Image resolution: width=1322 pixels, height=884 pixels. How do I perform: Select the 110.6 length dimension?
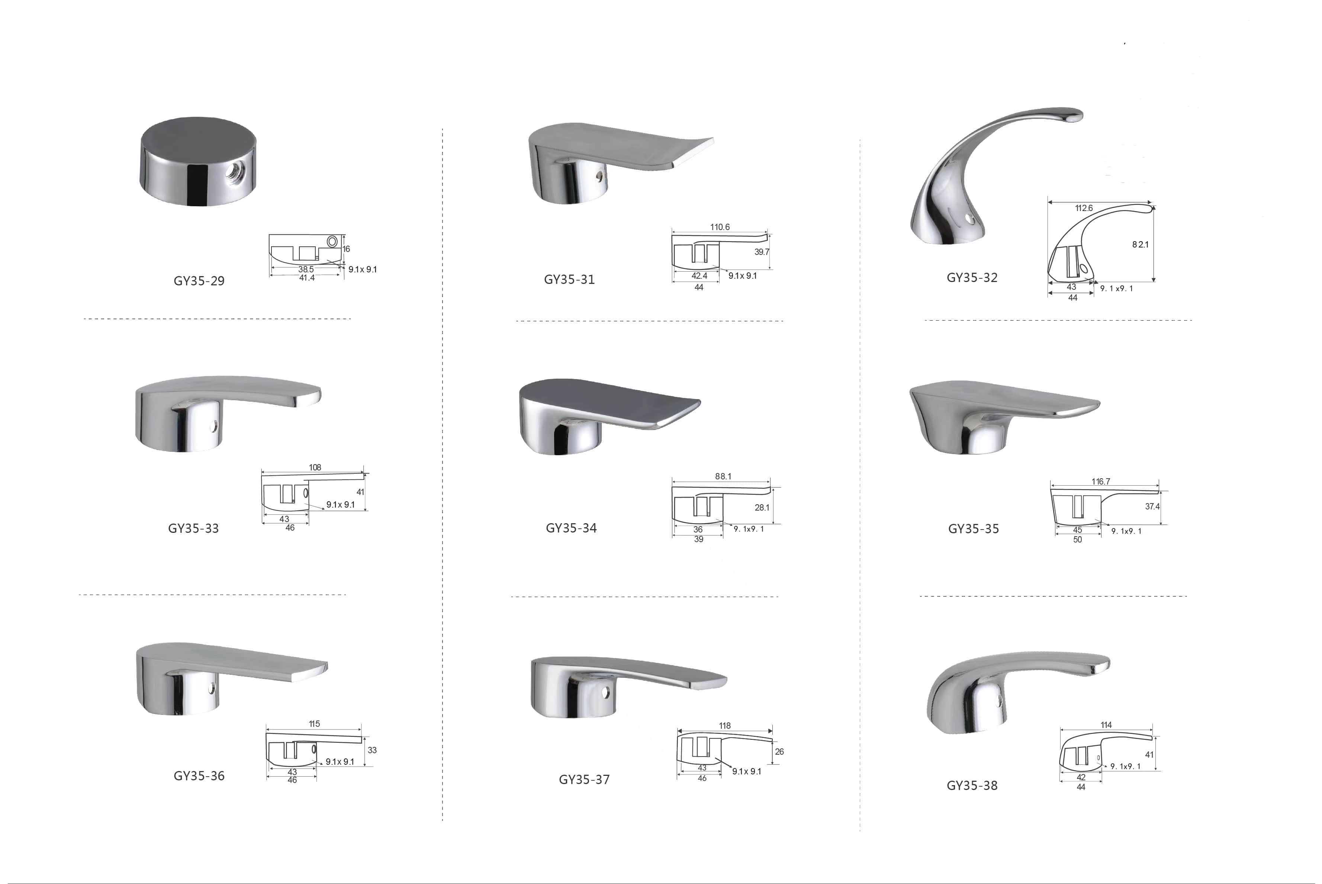point(720,227)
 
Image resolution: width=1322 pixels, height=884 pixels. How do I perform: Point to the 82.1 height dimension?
point(1140,244)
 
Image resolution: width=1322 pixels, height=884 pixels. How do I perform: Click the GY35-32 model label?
point(972,277)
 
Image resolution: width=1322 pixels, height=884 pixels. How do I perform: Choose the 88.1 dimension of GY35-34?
point(723,476)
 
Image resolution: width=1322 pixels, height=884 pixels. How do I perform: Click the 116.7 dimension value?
point(1100,482)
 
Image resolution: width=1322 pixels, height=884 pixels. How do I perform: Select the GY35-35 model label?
point(973,529)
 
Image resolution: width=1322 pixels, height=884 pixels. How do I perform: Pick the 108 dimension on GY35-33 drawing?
point(315,467)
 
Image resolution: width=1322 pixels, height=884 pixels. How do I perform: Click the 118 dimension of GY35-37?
point(724,726)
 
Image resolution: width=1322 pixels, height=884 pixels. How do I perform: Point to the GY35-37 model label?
point(584,780)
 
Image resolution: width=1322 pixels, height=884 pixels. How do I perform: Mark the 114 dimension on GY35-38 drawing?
point(1106,725)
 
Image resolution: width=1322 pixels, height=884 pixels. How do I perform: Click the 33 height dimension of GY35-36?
point(372,750)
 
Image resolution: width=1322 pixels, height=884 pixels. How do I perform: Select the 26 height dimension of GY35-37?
point(779,751)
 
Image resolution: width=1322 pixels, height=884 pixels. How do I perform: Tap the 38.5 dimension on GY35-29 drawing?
point(306,269)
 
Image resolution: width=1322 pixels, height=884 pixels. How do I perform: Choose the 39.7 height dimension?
point(762,252)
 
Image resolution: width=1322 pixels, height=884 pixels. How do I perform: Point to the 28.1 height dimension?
point(762,507)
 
